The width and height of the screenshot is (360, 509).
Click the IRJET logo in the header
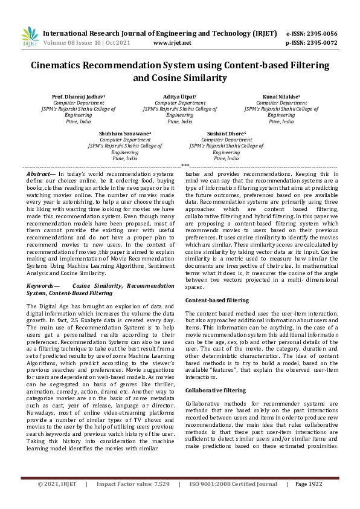[30, 37]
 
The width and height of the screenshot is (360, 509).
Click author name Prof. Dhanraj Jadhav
[79, 96]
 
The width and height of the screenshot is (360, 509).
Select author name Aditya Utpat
[179, 96]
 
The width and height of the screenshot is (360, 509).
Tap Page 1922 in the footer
[309, 501]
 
